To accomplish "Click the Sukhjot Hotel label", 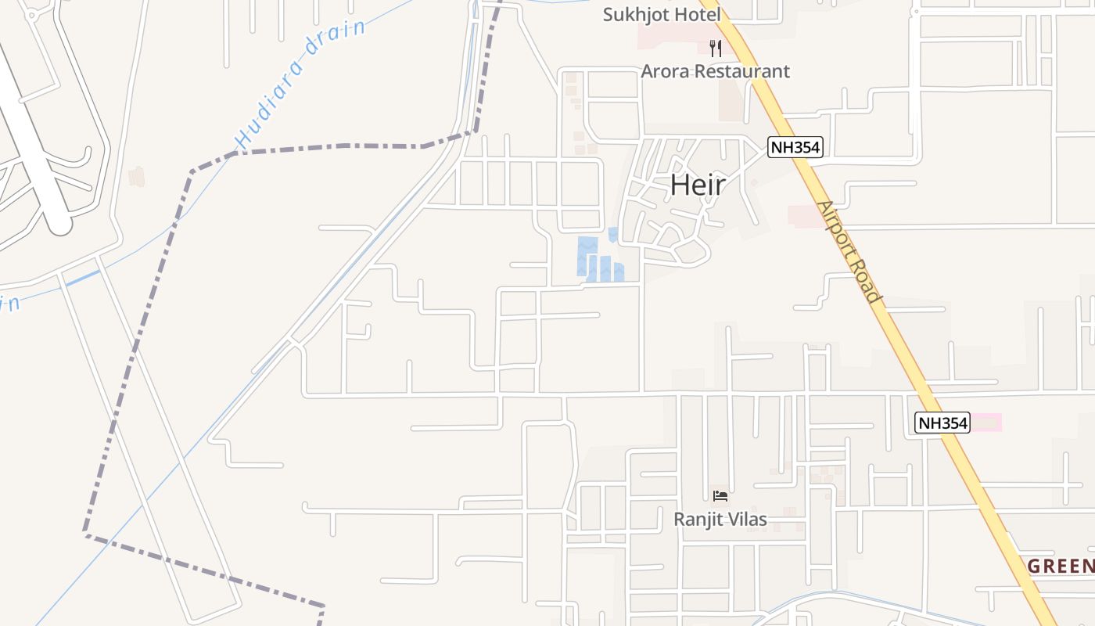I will pos(662,14).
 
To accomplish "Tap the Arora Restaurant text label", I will pos(715,71).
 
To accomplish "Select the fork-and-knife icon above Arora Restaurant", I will pos(715,49).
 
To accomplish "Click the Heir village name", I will pos(698,185).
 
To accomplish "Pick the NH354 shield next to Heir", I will pos(795,147).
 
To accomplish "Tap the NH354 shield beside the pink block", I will pos(942,423).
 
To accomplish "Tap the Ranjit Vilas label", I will pos(720,519).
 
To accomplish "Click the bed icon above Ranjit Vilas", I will pos(720,496).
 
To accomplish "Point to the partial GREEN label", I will pos(1061,566).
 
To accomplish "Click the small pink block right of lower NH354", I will pos(987,423).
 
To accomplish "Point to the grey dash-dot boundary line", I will pos(133,352).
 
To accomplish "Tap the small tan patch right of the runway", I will pos(137,176).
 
